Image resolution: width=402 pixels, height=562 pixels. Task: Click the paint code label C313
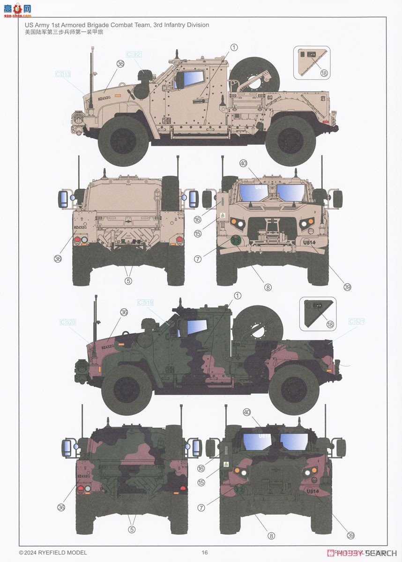tap(62, 74)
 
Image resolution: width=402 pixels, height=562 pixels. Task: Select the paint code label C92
tap(134, 54)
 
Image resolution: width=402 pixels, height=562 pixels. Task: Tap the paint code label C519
tap(145, 303)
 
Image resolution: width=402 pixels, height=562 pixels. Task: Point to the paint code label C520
tap(68, 322)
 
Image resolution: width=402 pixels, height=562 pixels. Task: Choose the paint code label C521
tap(357, 321)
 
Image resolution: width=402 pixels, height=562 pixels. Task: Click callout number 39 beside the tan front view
tap(347, 287)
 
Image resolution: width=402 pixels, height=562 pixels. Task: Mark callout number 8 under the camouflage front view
tap(271, 536)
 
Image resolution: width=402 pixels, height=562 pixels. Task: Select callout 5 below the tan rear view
tap(128, 281)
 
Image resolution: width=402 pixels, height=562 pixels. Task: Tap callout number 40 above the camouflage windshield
tap(247, 412)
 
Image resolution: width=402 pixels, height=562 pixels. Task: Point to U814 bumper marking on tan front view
tap(310, 243)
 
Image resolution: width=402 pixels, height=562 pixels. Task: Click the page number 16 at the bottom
tap(204, 553)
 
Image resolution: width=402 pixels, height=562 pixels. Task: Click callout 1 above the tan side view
tap(234, 47)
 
